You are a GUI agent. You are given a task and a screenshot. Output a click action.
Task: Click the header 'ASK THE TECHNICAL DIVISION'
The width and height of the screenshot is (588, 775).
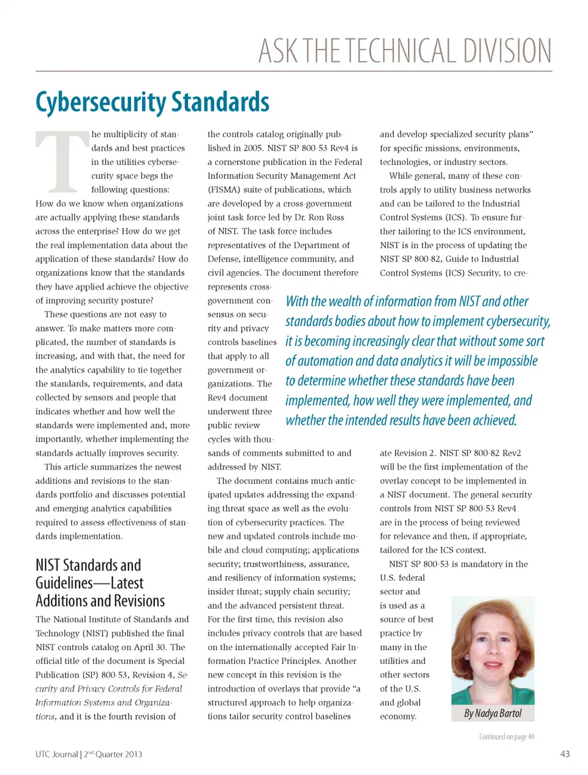click(x=404, y=51)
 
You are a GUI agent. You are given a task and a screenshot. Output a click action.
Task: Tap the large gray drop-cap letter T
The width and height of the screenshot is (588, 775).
click(x=61, y=161)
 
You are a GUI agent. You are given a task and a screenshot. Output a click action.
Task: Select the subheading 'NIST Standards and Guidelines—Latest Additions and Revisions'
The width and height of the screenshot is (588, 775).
click(x=100, y=583)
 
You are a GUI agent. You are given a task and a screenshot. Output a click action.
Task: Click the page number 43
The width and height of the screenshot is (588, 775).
click(x=565, y=754)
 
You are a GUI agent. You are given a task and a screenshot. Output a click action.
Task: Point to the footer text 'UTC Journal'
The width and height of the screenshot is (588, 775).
click(x=56, y=754)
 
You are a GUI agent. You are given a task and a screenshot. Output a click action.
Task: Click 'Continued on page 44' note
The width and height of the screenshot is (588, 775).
click(x=506, y=736)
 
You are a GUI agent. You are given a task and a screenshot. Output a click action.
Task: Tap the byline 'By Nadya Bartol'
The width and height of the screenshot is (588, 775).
click(x=492, y=713)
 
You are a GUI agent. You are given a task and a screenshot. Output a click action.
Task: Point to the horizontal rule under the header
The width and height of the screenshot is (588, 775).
click(x=294, y=71)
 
